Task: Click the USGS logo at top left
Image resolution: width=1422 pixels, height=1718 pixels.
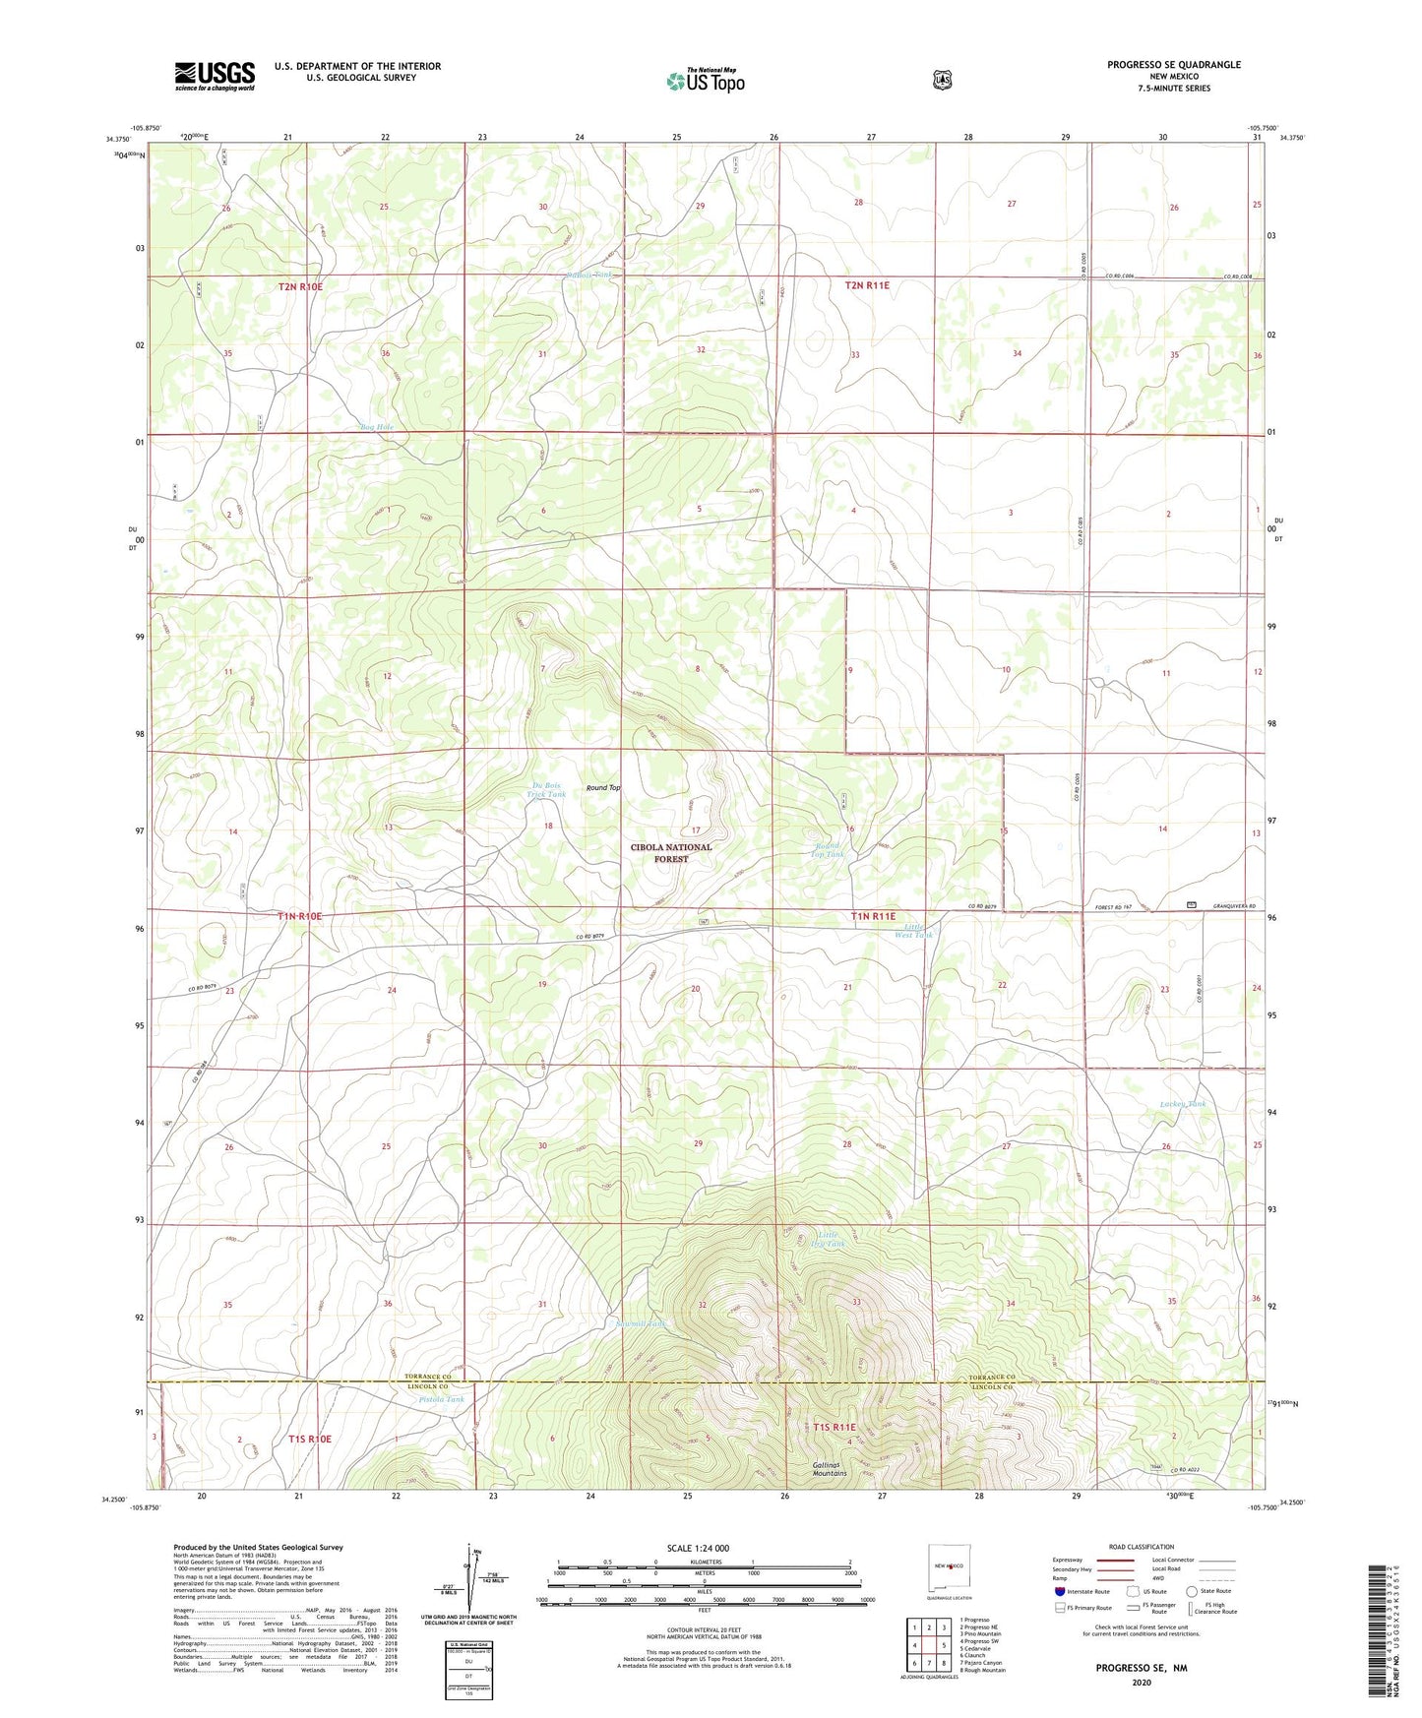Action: click(215, 76)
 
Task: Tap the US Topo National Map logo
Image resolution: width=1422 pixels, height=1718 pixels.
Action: click(705, 80)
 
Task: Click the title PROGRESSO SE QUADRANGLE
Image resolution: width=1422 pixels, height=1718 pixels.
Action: click(1173, 65)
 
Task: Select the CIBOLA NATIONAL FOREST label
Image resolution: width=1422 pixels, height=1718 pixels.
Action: click(671, 853)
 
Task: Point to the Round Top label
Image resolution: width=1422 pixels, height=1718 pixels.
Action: click(603, 788)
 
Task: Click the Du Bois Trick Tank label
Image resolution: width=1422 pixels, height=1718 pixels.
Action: click(546, 789)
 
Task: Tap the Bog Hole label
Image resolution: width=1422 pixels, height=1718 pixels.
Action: click(376, 427)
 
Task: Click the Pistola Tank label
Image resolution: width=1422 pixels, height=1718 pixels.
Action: click(440, 1399)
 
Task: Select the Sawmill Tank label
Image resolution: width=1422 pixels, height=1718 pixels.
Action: click(641, 1324)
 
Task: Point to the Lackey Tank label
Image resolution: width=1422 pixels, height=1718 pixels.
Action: click(1182, 1104)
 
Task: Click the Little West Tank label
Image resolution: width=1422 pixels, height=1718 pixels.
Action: click(913, 930)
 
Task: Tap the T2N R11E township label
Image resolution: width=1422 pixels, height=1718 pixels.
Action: click(866, 285)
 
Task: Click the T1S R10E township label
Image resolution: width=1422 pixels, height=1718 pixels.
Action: click(310, 1439)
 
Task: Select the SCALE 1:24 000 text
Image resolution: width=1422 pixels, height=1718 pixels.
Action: click(698, 1548)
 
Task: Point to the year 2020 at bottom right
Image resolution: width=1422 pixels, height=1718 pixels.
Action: click(1142, 1682)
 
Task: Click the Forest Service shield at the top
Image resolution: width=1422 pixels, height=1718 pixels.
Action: click(942, 79)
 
